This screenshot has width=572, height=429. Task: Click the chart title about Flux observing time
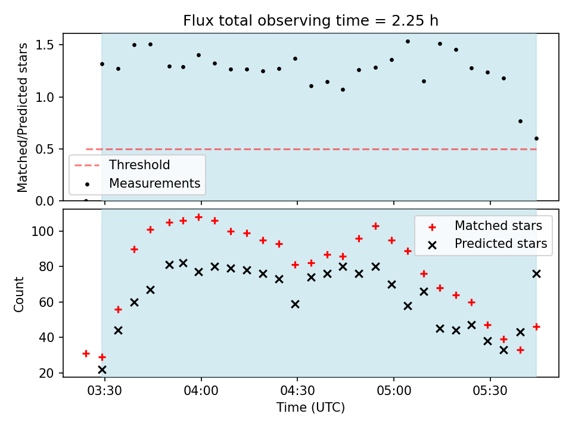point(310,21)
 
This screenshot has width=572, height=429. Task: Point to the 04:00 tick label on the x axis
point(201,391)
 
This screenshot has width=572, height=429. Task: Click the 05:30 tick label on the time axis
point(490,391)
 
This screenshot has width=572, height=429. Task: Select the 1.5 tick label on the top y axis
point(45,45)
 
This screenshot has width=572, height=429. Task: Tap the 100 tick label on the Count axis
point(43,232)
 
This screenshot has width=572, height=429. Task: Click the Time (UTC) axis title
point(310,407)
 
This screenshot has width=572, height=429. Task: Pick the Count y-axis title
point(18,294)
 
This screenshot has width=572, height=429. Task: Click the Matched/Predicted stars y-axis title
point(22,117)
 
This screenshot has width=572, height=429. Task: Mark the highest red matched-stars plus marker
point(199,217)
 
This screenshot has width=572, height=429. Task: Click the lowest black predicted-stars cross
point(102,370)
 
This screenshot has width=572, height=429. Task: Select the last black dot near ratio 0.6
point(536,139)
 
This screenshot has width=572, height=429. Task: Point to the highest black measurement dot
point(408,42)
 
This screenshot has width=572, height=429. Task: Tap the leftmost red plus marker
point(86,353)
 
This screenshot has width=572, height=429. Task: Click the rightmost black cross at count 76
point(536,274)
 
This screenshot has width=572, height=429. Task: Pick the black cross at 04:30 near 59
point(295,304)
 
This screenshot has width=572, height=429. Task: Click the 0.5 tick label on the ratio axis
point(45,149)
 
